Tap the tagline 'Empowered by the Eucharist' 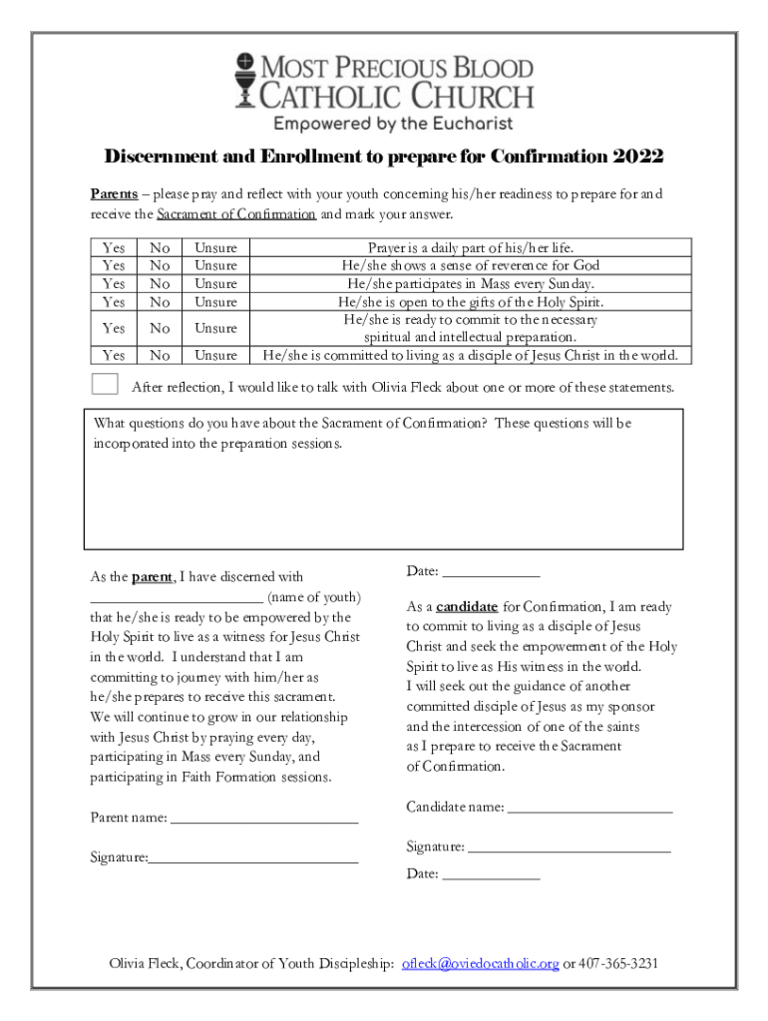pyautogui.click(x=393, y=124)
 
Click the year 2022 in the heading pyautogui.click(x=638, y=158)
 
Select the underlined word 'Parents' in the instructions pyautogui.click(x=114, y=193)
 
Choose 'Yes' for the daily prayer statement pyautogui.click(x=114, y=247)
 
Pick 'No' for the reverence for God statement pyautogui.click(x=160, y=265)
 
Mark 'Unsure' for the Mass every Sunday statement pyautogui.click(x=215, y=283)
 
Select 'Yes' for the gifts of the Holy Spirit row pyautogui.click(x=114, y=301)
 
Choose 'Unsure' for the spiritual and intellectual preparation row pyautogui.click(x=215, y=328)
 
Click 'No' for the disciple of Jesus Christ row pyautogui.click(x=160, y=355)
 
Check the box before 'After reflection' pyautogui.click(x=104, y=385)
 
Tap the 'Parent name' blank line pyautogui.click(x=264, y=821)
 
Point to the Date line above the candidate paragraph pyautogui.click(x=491, y=574)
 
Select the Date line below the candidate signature pyautogui.click(x=491, y=876)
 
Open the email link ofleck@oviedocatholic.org pyautogui.click(x=480, y=964)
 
